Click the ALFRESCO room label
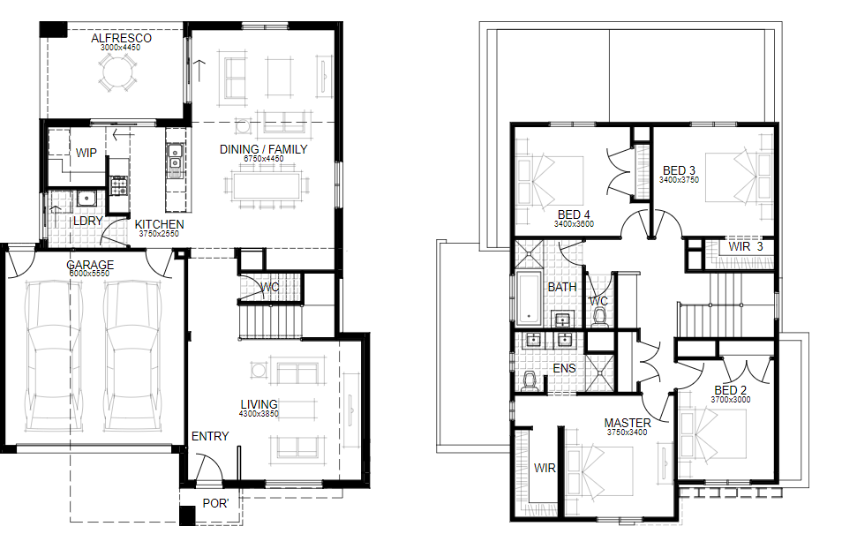[x=121, y=38]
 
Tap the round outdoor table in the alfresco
[x=117, y=72]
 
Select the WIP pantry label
[x=86, y=153]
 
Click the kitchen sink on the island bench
[x=175, y=156]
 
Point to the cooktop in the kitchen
[x=119, y=186]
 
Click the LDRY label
[x=87, y=221]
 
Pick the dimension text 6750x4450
[x=263, y=159]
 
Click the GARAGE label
[x=90, y=264]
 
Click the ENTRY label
[x=210, y=436]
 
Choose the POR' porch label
[x=215, y=503]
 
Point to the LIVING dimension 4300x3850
[x=259, y=414]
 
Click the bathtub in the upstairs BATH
[x=530, y=298]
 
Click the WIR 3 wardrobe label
[x=745, y=246]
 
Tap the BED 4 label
[x=574, y=214]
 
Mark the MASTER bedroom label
[x=628, y=423]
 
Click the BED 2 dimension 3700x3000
[x=730, y=400]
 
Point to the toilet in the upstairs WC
[x=599, y=318]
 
